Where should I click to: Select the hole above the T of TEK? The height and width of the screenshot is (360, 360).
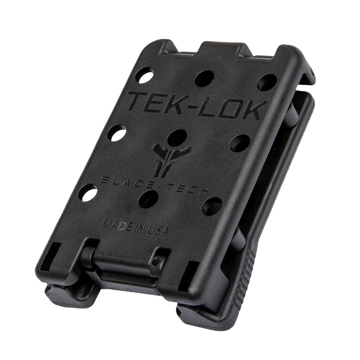click(146, 75)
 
